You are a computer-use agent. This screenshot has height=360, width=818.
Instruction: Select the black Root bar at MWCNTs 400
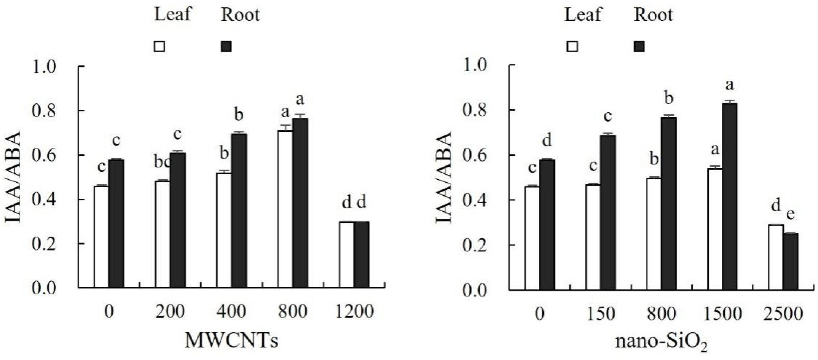coord(239,211)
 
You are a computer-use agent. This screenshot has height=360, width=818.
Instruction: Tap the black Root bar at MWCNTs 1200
coord(362,255)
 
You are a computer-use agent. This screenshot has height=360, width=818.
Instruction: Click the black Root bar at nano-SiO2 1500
coord(730,196)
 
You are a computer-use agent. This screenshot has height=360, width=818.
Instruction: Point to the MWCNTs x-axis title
coord(231,341)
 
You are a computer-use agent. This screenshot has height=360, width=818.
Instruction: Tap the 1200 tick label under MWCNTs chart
coord(355,311)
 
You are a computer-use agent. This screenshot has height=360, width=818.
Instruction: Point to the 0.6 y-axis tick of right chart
coord(475,156)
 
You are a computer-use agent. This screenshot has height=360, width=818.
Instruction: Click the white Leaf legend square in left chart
coord(159,46)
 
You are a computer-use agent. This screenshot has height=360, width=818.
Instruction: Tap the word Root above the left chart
coord(240,15)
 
